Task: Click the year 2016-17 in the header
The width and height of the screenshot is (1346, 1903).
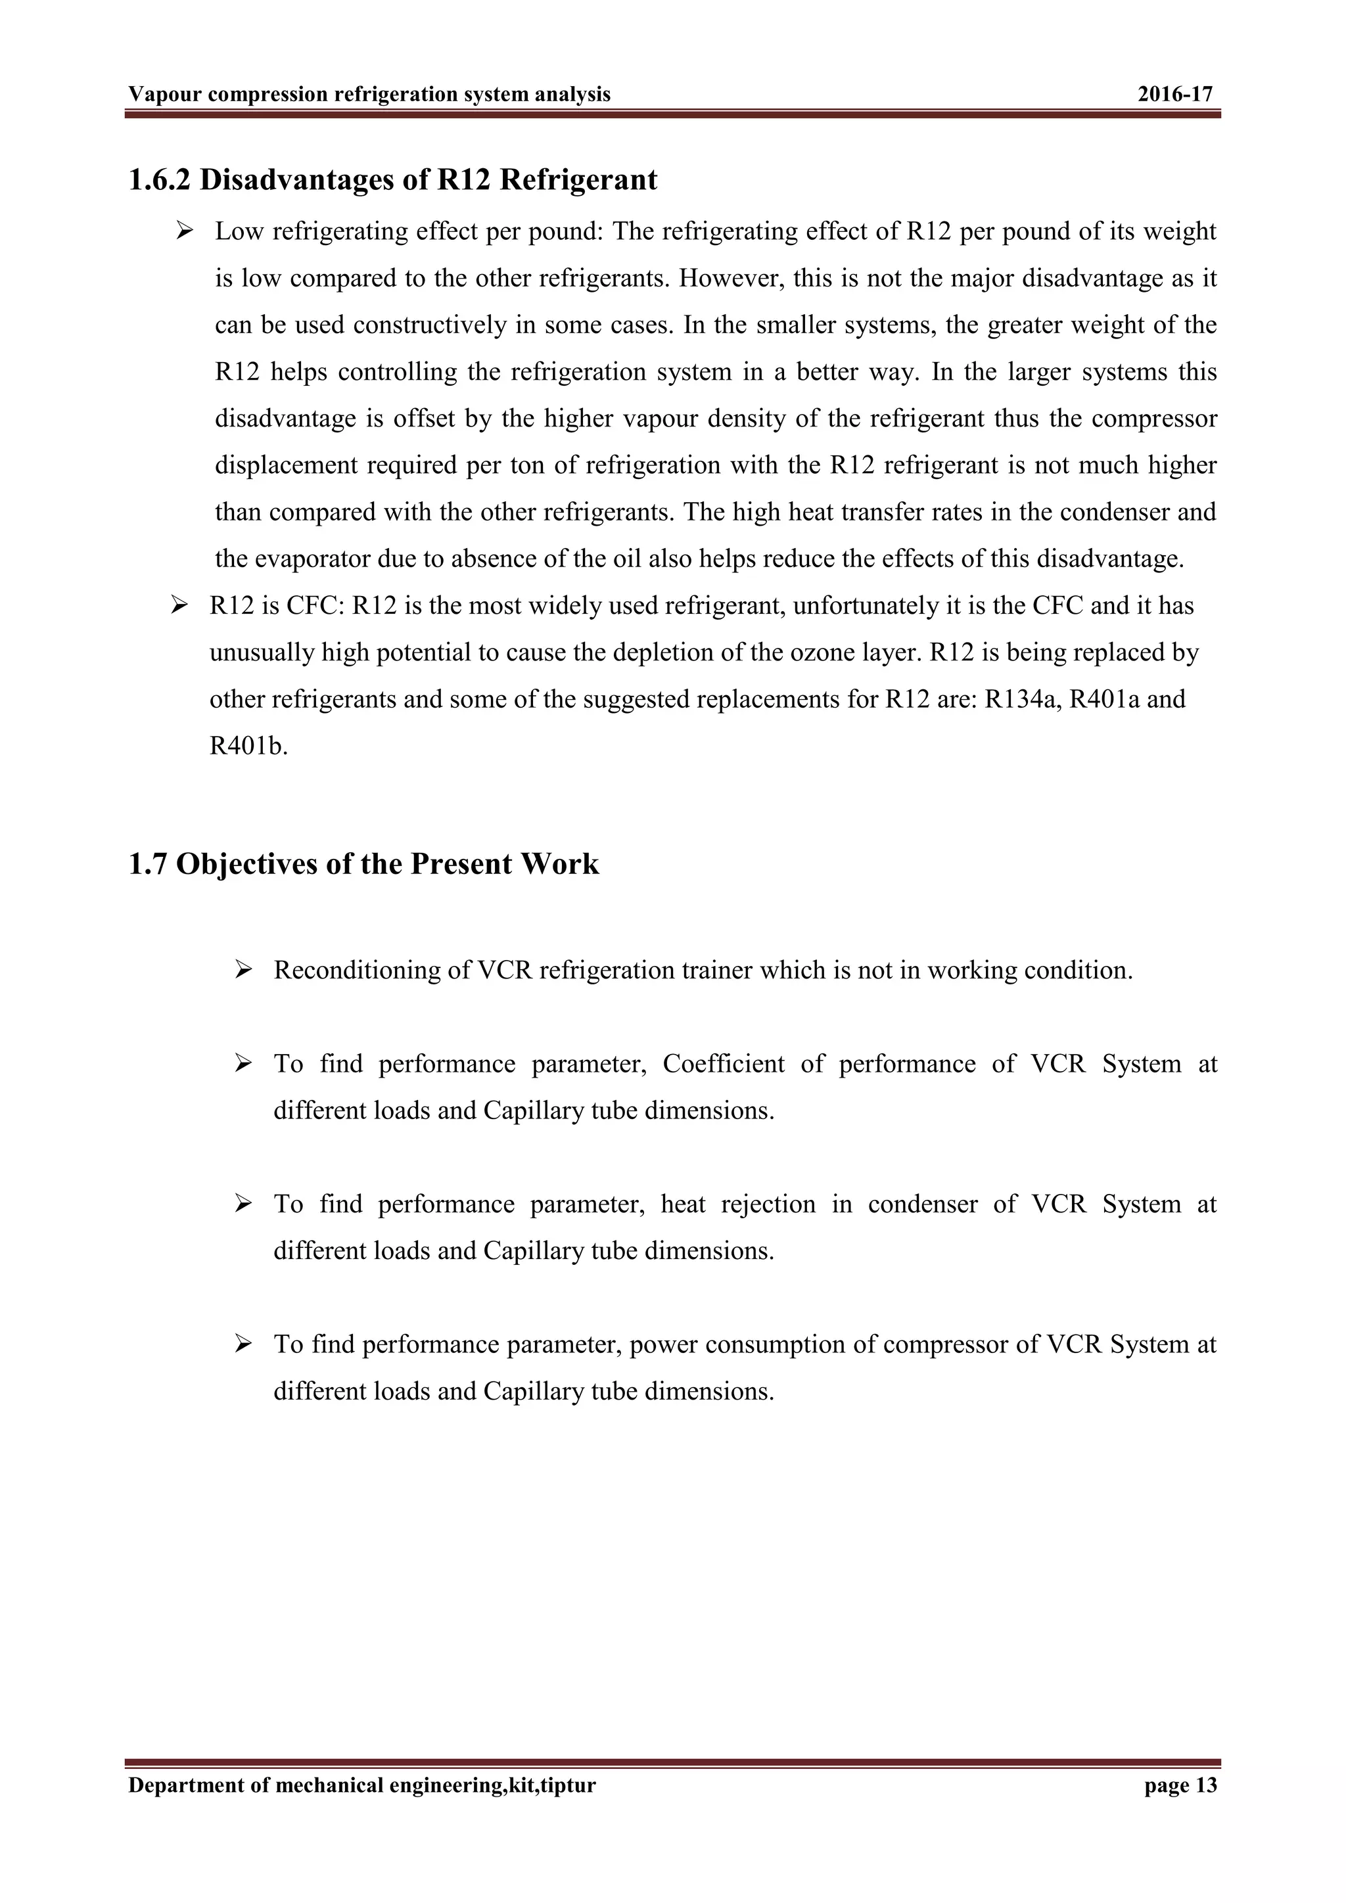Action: tap(1174, 95)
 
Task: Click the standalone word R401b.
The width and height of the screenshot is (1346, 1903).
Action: tap(248, 746)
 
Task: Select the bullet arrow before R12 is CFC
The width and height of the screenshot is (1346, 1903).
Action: tap(179, 606)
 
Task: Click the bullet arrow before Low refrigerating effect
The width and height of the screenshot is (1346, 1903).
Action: tap(184, 231)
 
